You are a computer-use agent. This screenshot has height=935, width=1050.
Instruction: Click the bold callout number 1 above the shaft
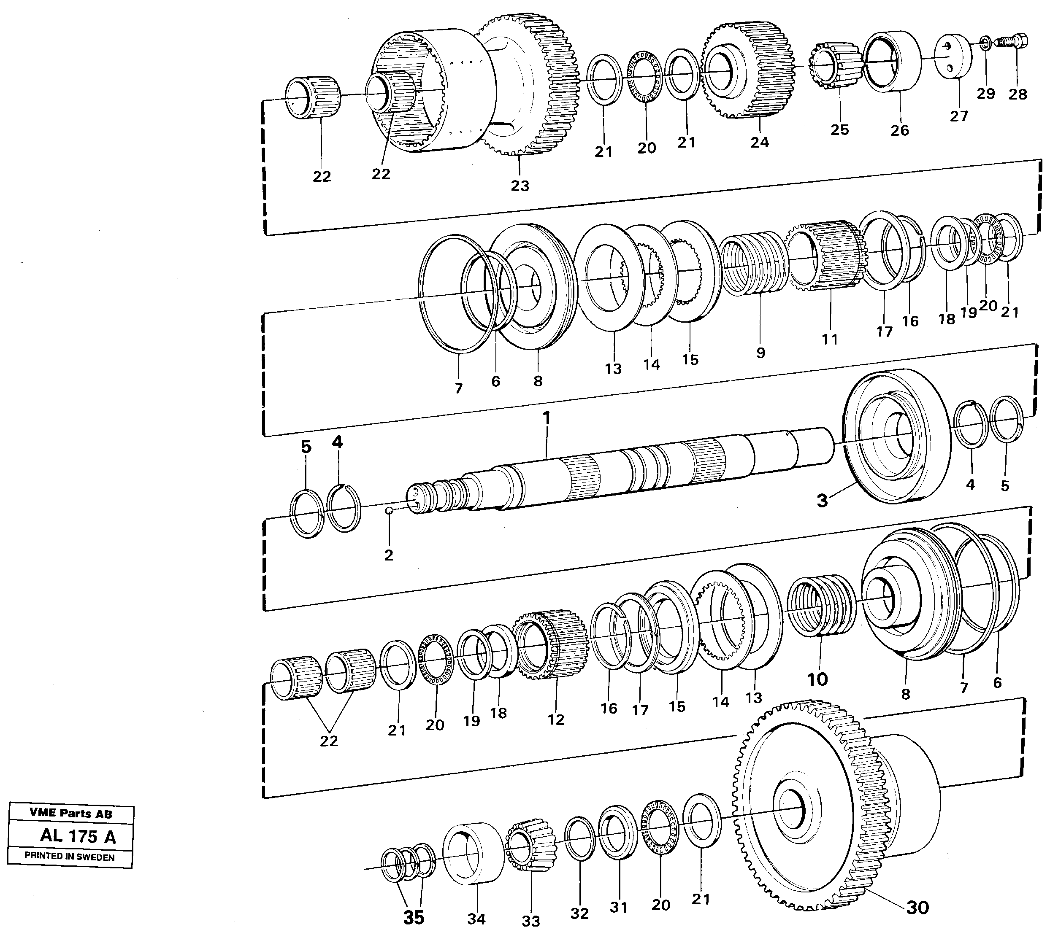coord(547,418)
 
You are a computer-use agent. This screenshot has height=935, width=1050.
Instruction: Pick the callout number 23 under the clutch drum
coord(520,186)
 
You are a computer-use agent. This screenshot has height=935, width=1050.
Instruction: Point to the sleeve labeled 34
coord(474,853)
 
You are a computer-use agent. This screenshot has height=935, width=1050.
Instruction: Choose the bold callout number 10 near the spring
coord(817,680)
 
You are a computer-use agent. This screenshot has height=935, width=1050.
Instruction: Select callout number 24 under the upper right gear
coord(759,142)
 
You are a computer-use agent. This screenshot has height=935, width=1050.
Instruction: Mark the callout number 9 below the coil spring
coord(760,353)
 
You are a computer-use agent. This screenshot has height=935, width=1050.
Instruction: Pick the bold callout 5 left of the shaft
coord(306,447)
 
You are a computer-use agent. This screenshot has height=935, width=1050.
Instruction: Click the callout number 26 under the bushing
coord(899,130)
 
